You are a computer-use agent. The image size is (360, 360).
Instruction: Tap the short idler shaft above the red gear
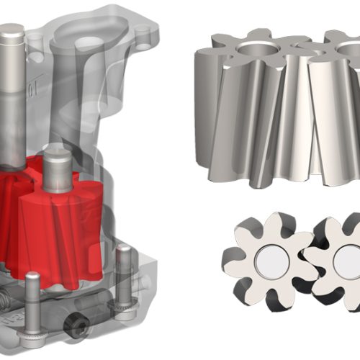[57, 166]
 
